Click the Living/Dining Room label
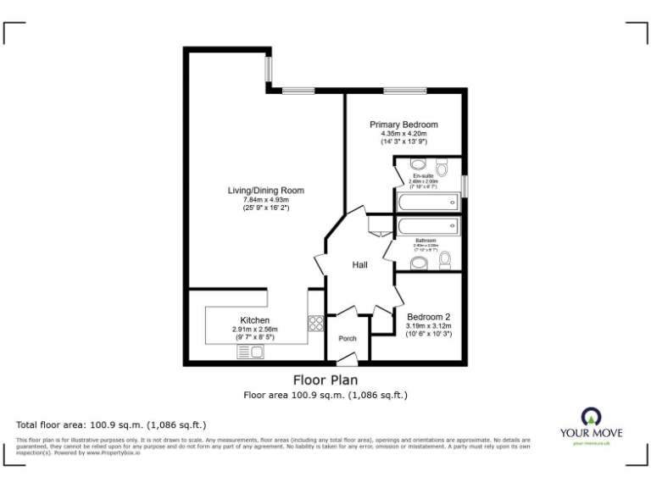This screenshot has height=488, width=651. pos(265,190)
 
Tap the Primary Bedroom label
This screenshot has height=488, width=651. pos(403,125)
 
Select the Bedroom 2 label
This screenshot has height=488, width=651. pos(429,316)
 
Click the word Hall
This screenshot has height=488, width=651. pos(360,266)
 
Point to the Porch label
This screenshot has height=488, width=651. pos(348,339)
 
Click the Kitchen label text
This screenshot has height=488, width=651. pos(254,320)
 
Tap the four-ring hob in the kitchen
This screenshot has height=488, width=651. pos(316,323)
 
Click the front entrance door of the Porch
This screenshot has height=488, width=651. pos(348,363)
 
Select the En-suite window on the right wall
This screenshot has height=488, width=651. pos(464,184)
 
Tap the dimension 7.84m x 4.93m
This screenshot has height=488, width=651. pos(265,200)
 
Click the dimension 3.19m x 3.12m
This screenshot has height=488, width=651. pos(429,326)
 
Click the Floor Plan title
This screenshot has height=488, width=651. pos(325,380)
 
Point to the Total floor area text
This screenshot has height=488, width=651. pos(111,424)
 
